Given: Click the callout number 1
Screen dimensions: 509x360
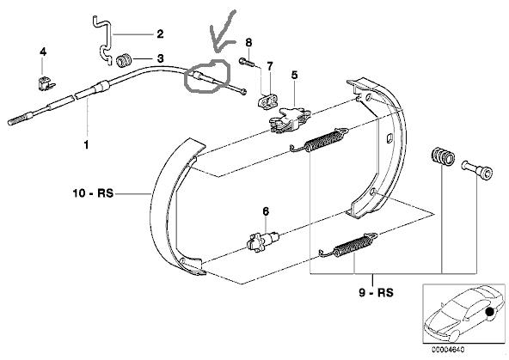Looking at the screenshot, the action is (x=86, y=144).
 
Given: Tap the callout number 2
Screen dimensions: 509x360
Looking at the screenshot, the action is (x=160, y=34).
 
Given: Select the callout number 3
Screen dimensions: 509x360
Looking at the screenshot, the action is (x=160, y=58).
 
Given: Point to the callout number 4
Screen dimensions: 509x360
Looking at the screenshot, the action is (x=43, y=52).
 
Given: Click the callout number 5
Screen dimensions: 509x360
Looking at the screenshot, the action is (x=294, y=75).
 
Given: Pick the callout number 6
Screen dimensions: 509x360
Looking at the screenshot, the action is (x=266, y=211).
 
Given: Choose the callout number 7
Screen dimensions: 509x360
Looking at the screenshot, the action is (x=270, y=66).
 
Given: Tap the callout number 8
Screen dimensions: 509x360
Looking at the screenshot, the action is (x=248, y=42).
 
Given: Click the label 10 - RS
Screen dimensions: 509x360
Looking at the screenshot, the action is (x=93, y=193).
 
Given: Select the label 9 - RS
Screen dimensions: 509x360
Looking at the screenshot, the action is (x=376, y=293).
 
